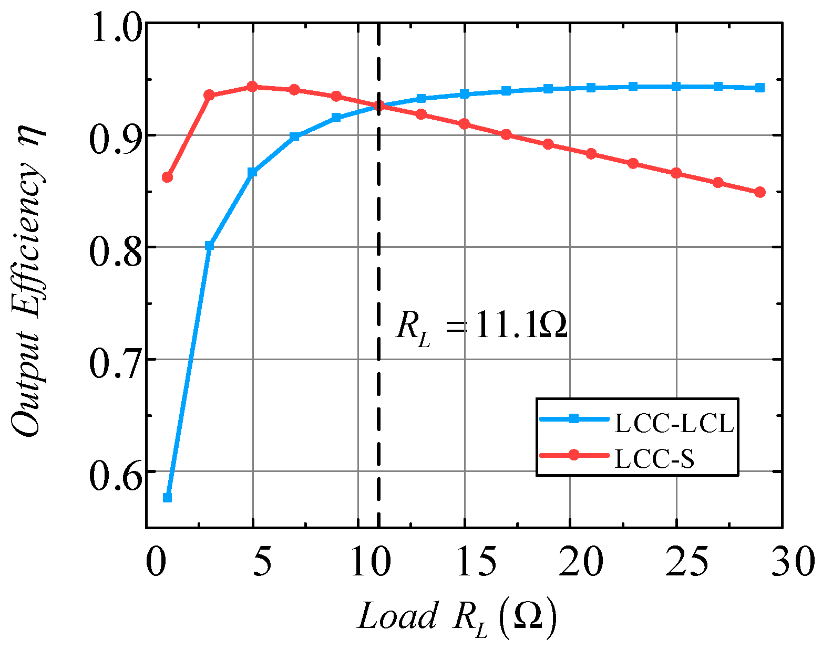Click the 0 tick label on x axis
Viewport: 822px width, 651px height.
(155, 563)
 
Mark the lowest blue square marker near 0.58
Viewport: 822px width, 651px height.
(167, 497)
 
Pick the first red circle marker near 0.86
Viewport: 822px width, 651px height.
(167, 177)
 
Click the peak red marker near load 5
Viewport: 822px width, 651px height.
(252, 87)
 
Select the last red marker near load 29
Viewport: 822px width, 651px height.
(759, 192)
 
